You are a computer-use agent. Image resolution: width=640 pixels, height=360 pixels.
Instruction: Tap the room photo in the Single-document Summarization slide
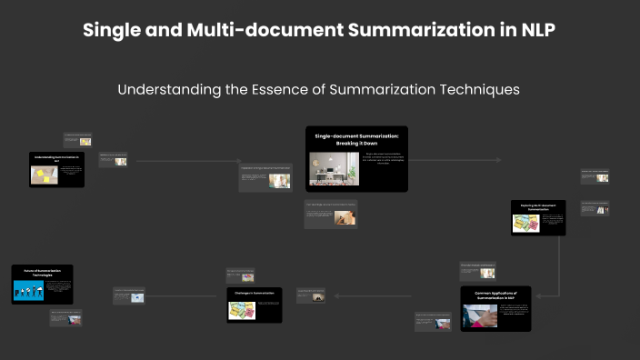334,169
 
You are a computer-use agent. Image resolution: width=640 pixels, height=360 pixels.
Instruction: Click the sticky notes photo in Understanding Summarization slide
44,174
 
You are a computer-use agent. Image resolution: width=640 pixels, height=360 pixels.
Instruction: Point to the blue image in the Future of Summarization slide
28,291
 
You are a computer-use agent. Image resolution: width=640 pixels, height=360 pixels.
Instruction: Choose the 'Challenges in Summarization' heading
254,294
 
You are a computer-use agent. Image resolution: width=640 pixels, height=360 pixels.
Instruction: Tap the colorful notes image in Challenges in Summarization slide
239,309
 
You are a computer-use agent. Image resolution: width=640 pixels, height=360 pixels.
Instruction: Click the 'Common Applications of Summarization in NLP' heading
495,295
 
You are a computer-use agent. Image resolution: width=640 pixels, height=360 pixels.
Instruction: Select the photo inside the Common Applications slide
481,315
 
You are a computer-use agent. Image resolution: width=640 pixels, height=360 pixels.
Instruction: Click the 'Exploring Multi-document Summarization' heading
537,208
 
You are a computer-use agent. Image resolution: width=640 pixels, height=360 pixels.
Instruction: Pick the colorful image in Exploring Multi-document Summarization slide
526,223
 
